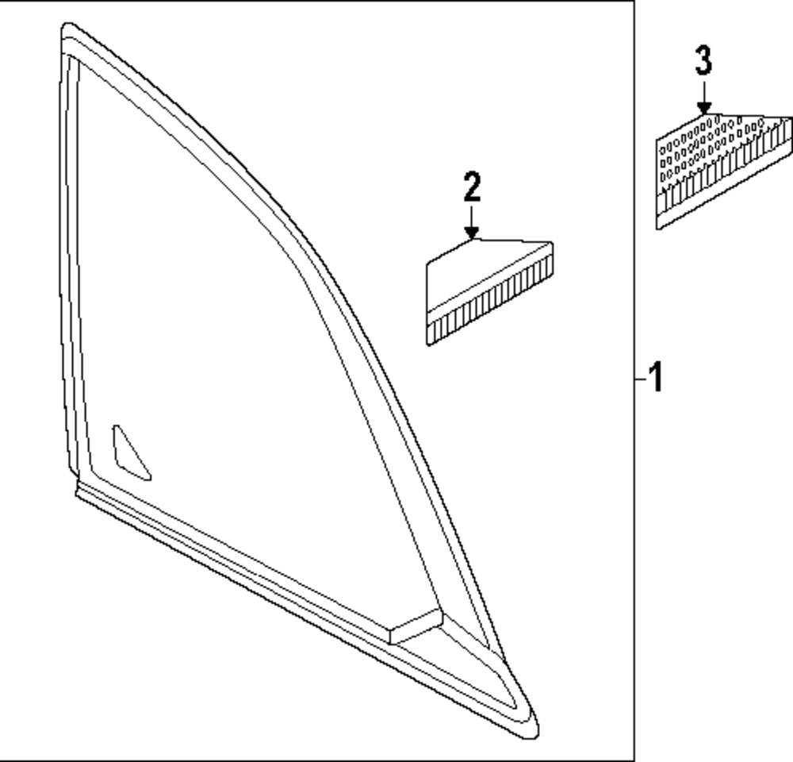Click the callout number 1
[x=656, y=377]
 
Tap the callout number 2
[x=472, y=187]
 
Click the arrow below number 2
[x=472, y=221]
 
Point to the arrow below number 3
[x=704, y=97]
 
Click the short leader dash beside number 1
[x=641, y=378]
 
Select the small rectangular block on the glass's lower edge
[x=416, y=625]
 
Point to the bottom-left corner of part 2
[x=428, y=344]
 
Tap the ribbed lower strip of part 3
[x=724, y=183]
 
